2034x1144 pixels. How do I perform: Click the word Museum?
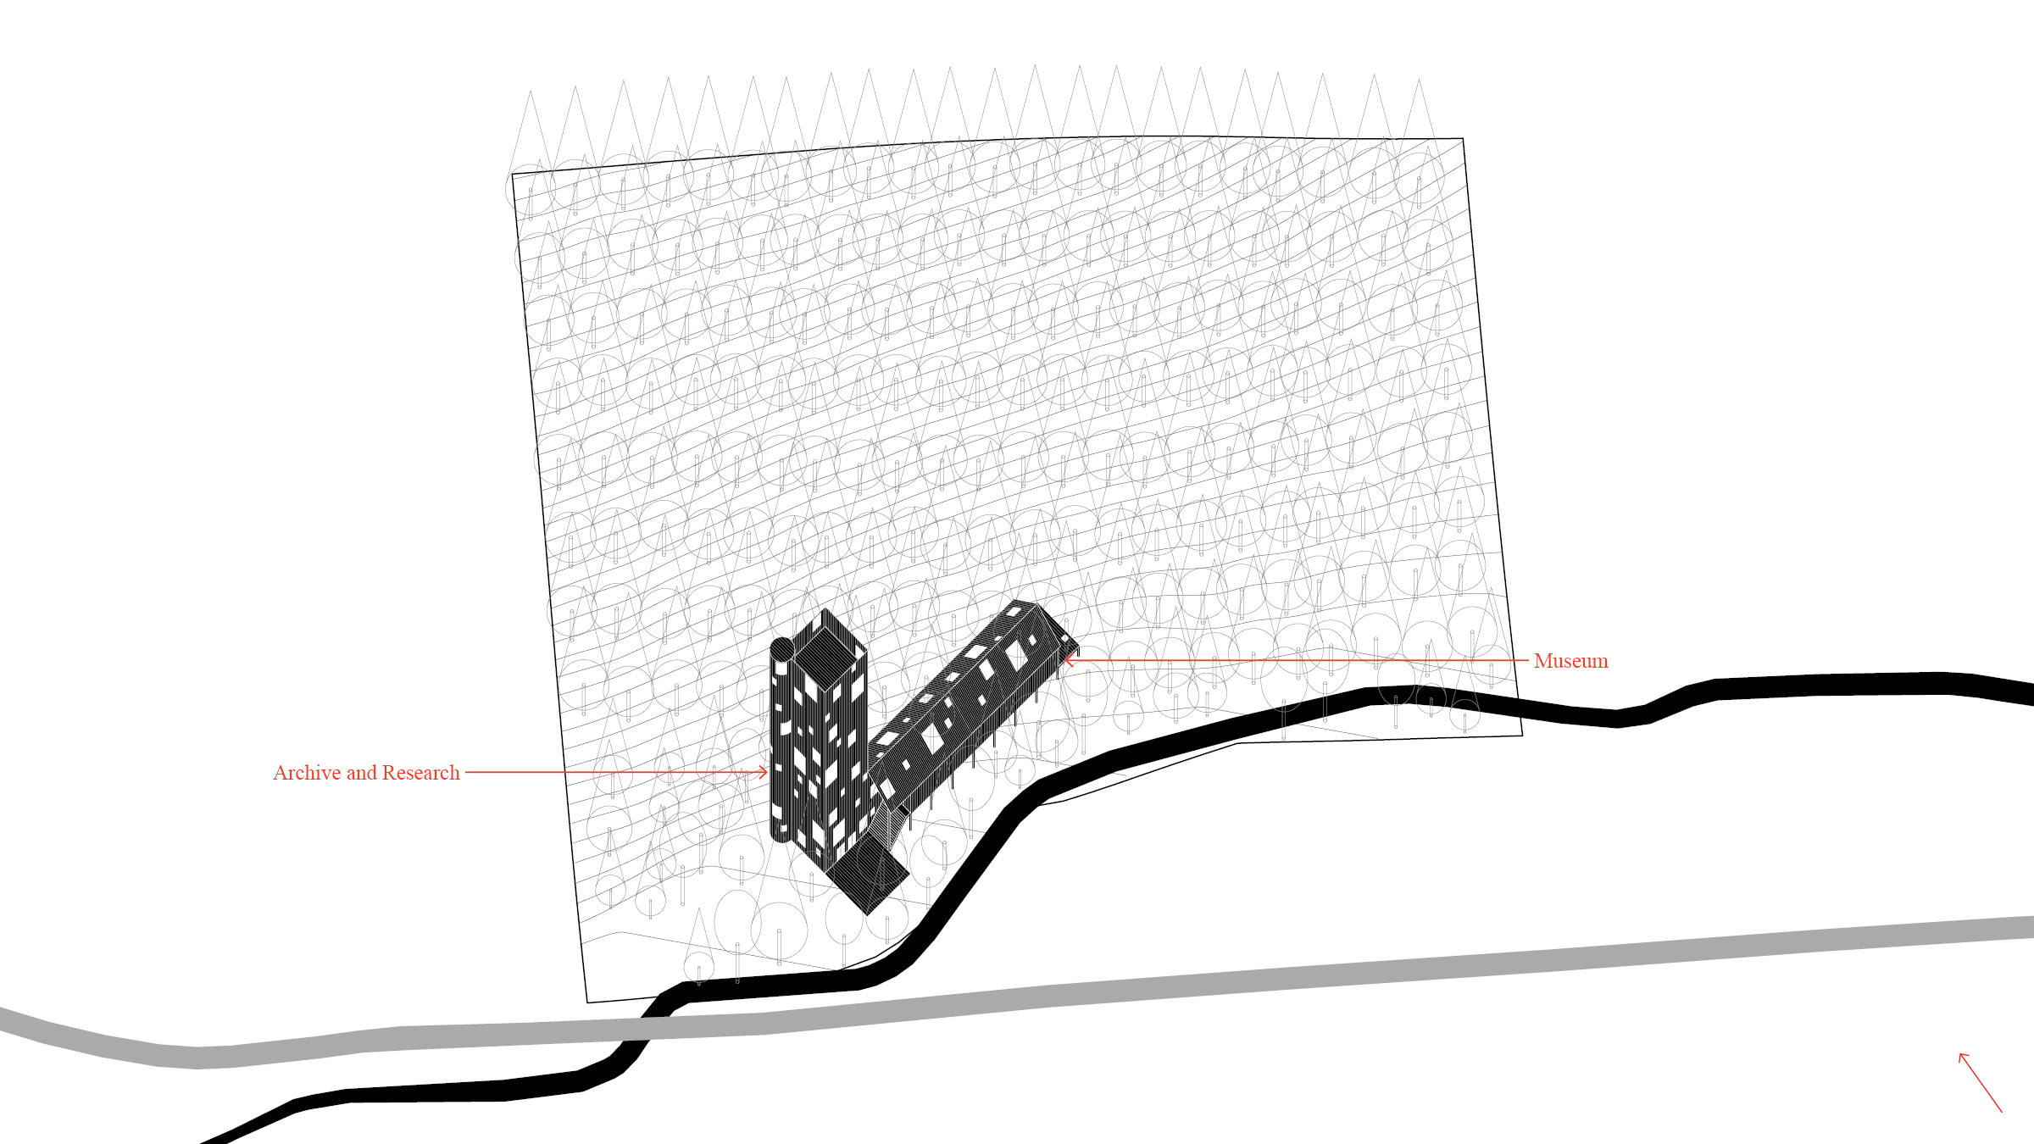(1570, 661)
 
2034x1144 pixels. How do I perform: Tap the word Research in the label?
(420, 773)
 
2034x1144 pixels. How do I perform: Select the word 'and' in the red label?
(361, 773)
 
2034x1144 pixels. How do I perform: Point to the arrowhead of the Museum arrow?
(1069, 659)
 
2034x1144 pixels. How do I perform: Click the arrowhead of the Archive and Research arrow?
(764, 772)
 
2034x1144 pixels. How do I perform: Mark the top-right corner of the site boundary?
(1463, 139)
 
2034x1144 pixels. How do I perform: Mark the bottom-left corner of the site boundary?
(588, 1002)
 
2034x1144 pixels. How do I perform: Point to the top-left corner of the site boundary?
(513, 175)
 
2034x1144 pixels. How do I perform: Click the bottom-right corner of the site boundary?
(1522, 735)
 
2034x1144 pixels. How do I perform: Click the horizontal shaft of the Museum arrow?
(1297, 659)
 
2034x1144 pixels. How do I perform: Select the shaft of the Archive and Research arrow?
(610, 772)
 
